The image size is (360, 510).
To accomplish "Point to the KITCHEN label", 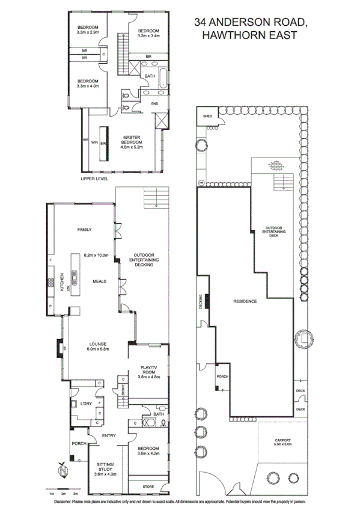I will (x=61, y=282).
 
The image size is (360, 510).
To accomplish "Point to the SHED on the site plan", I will (x=208, y=116).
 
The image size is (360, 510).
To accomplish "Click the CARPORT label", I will (x=282, y=441).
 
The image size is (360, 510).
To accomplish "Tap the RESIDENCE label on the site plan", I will (x=245, y=301).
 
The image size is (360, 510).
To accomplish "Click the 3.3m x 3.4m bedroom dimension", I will (x=148, y=34).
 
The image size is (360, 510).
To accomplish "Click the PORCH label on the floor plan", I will (x=79, y=444).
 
